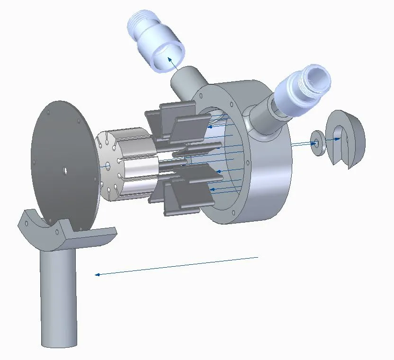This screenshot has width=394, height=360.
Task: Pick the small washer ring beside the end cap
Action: pyautogui.click(x=317, y=143)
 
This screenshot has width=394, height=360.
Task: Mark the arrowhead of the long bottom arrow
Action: pyautogui.click(x=97, y=274)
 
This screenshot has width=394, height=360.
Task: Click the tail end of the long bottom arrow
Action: pyautogui.click(x=257, y=257)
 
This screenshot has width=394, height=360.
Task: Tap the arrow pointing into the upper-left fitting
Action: pyautogui.click(x=170, y=60)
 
